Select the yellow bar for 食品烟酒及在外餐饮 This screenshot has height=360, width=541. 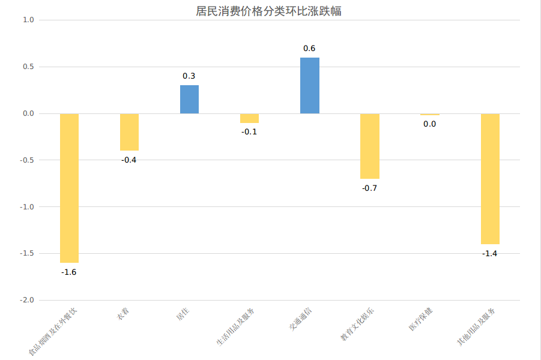click(69, 188)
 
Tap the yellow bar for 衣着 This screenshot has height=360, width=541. click(129, 132)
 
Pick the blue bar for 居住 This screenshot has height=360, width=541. click(189, 100)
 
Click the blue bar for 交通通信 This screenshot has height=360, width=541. click(310, 86)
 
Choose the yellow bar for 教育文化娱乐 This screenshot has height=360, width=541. click(370, 146)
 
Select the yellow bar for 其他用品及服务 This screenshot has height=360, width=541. click(490, 179)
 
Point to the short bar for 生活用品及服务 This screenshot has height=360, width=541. click(249, 118)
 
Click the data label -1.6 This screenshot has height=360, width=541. click(69, 272)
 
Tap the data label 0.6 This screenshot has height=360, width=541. click(310, 48)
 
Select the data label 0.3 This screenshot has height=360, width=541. click(189, 76)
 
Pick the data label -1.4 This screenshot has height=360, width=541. click(490, 253)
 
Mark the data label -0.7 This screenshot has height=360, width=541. click(370, 188)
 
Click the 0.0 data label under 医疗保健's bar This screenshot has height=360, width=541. click(430, 124)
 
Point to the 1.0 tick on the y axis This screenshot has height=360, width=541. click(28, 20)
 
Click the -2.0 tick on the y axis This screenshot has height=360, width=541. click(27, 300)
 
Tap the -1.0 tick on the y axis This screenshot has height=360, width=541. click(27, 206)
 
